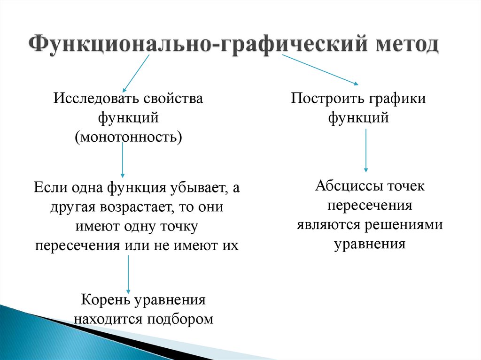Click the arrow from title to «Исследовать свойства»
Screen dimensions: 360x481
(136, 73)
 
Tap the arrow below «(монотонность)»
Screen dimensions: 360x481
(123, 160)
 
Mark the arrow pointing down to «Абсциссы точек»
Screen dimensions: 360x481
(366, 150)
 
